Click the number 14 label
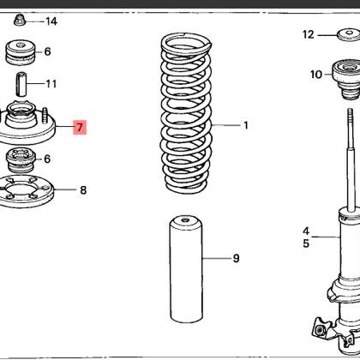(51, 21)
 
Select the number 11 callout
(51, 84)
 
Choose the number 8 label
(83, 190)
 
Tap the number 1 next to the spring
(245, 125)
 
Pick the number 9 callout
(236, 258)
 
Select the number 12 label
(309, 35)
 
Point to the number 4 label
(305, 231)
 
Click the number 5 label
(305, 243)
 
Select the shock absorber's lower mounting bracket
(333, 330)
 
